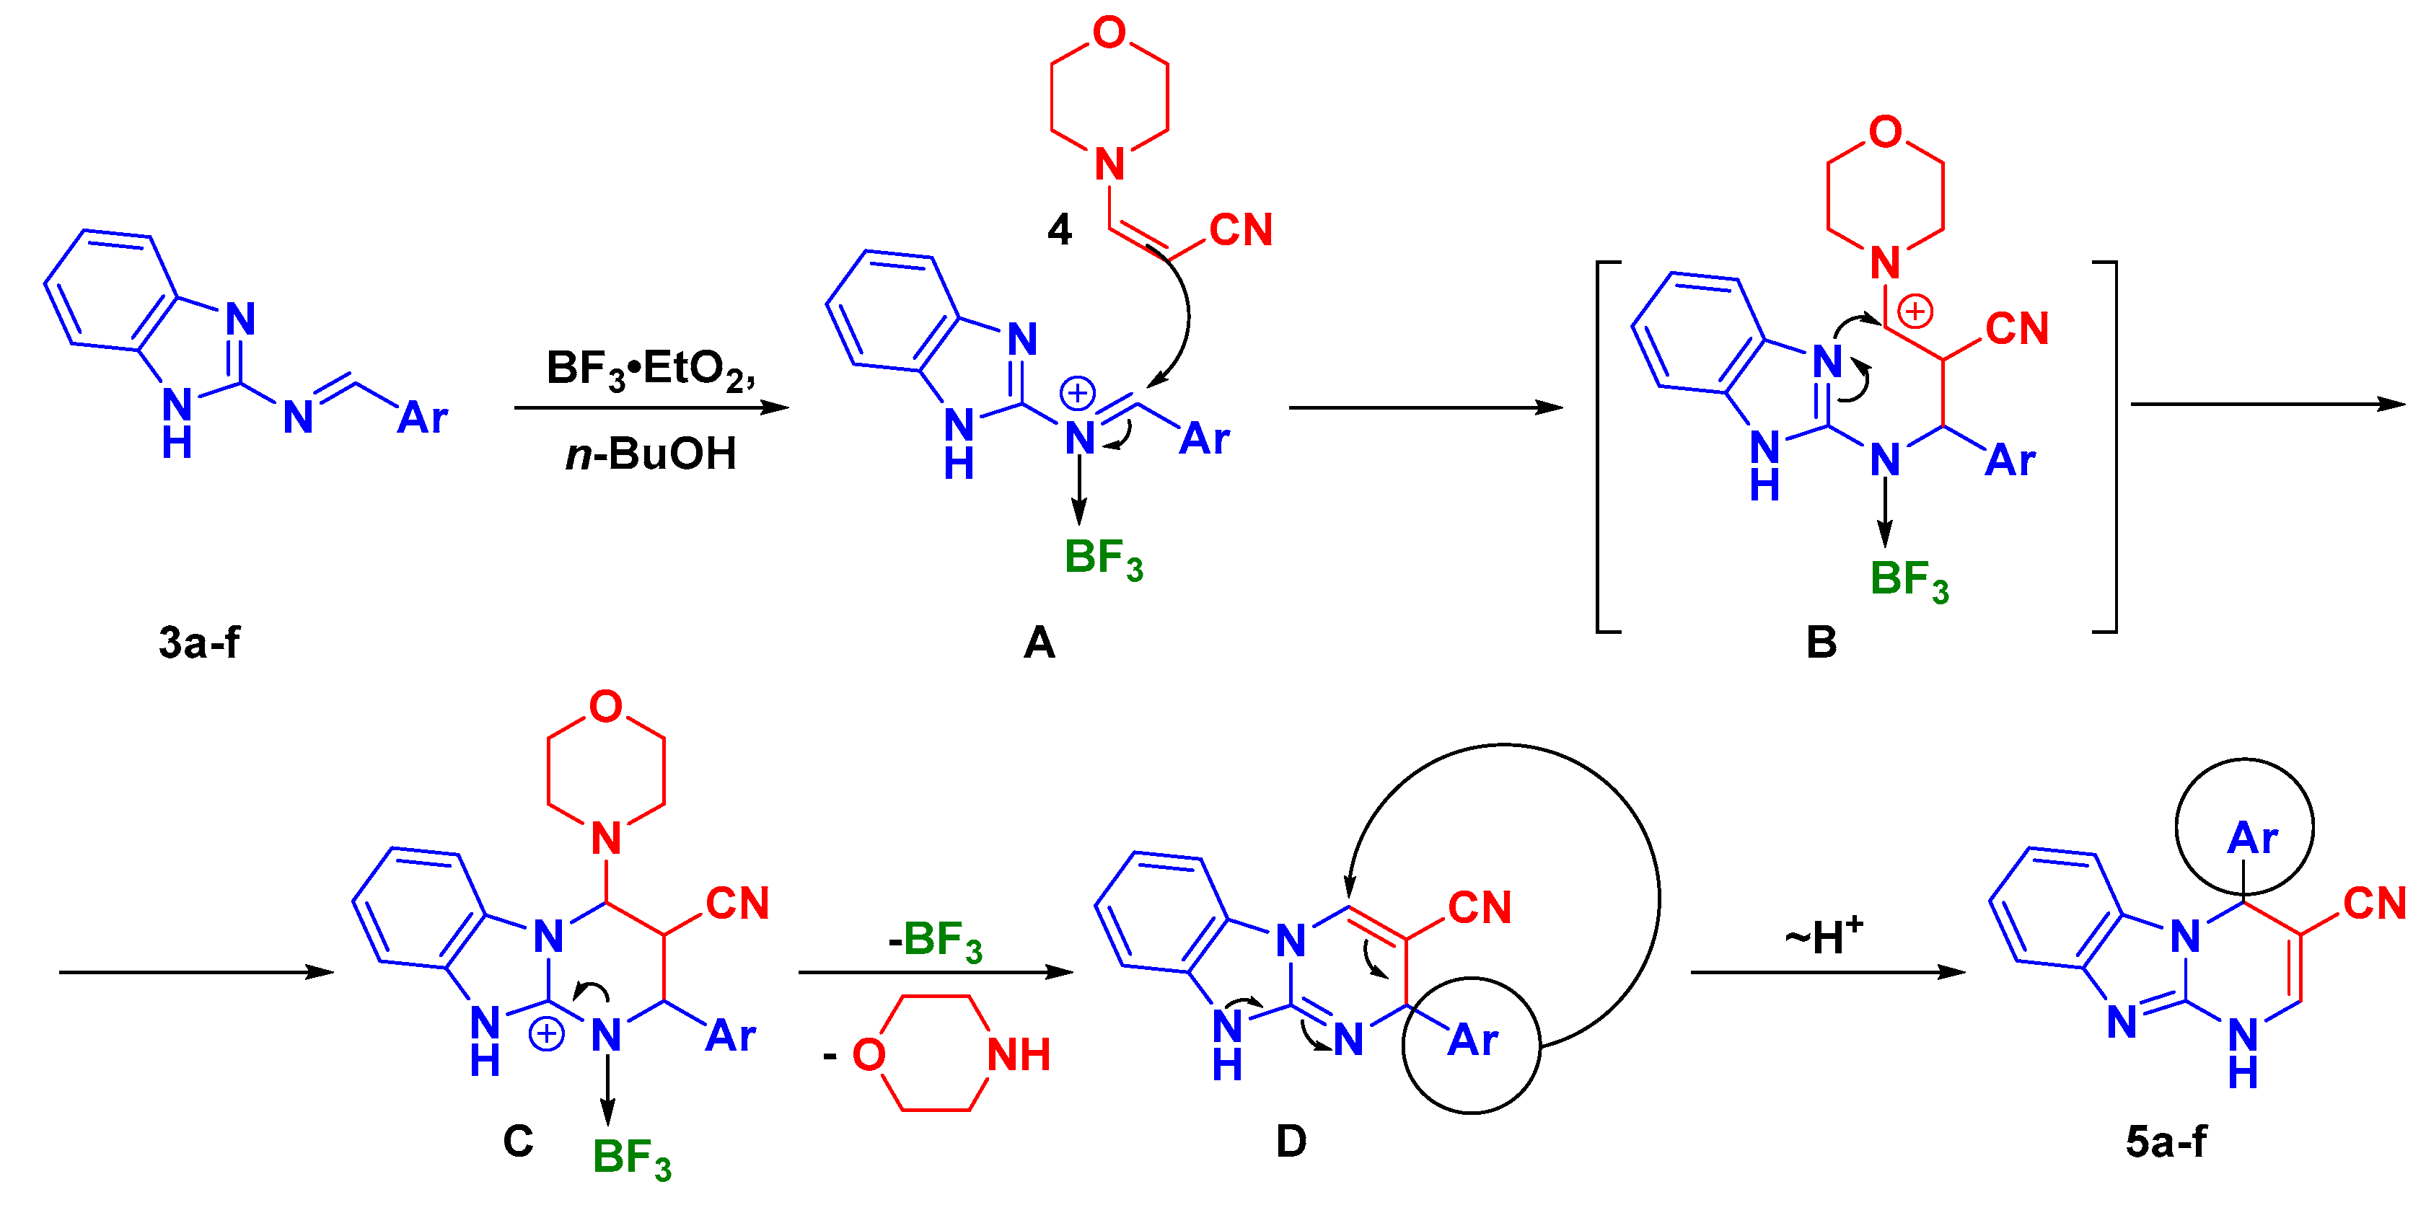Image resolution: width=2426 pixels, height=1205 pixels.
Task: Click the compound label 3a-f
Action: click(198, 643)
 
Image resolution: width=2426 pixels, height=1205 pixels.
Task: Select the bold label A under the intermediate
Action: click(1039, 643)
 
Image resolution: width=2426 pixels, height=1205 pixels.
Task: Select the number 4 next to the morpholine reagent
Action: click(1060, 230)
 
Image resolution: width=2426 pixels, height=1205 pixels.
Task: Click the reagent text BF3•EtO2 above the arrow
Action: click(650, 369)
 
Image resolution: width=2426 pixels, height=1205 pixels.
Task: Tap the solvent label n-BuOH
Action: click(651, 454)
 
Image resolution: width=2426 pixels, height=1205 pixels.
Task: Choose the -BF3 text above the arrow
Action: click(934, 940)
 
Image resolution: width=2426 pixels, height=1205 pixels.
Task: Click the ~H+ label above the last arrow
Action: click(1823, 936)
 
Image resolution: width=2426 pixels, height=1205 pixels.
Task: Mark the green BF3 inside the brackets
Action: click(1908, 580)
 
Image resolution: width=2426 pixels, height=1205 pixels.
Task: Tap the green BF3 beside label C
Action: click(631, 1158)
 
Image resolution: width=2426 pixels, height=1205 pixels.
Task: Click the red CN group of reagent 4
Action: click(1240, 230)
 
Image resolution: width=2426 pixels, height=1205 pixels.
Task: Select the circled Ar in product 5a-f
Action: click(2251, 838)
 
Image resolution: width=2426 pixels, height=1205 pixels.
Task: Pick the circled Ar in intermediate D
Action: click(1472, 1041)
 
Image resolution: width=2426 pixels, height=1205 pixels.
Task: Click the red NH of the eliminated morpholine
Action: click(1018, 1055)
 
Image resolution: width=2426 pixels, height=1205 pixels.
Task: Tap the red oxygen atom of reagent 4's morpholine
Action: click(1109, 33)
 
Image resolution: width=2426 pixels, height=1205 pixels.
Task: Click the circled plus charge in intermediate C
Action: click(546, 1033)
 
